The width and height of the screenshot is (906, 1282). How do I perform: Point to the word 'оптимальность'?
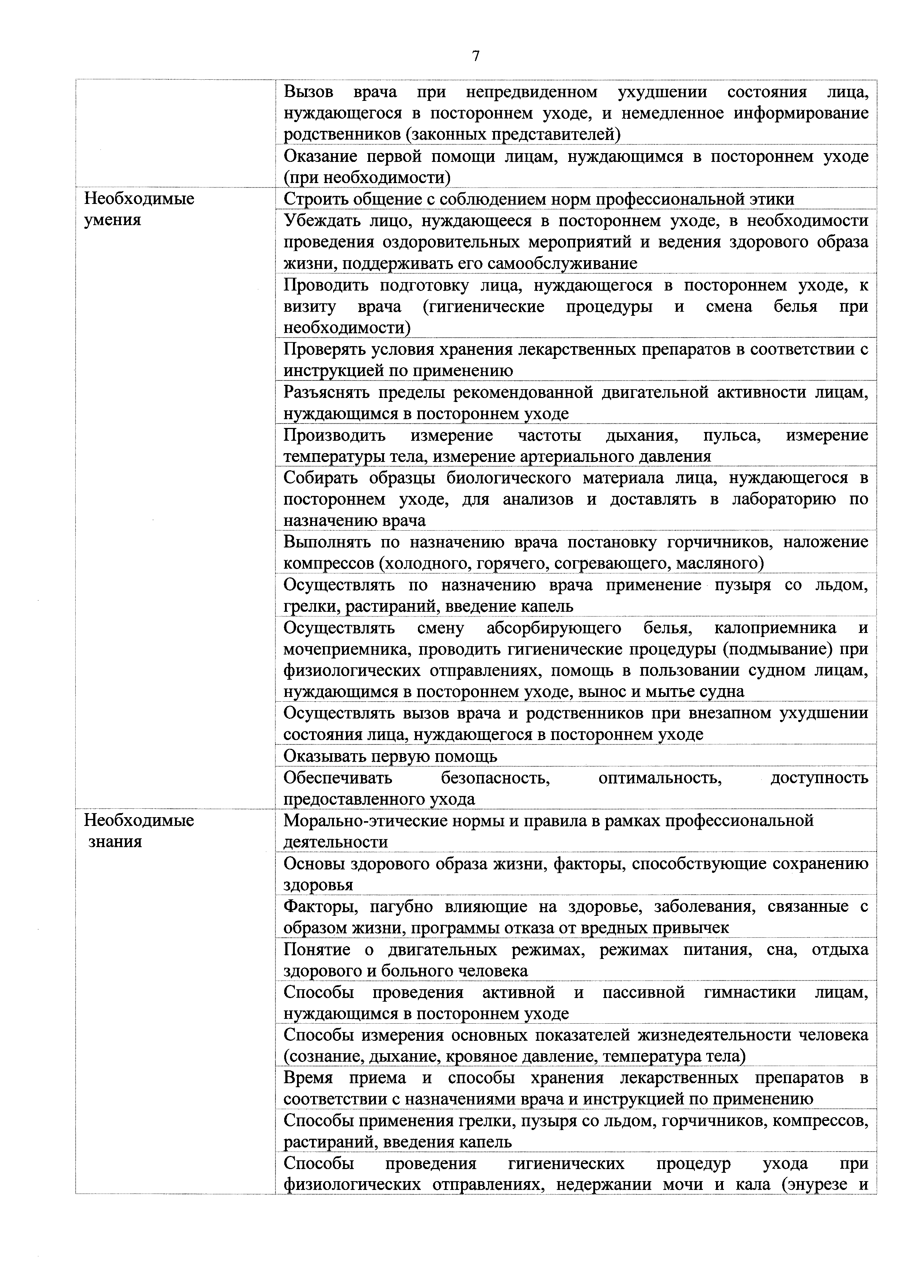click(x=660, y=777)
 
